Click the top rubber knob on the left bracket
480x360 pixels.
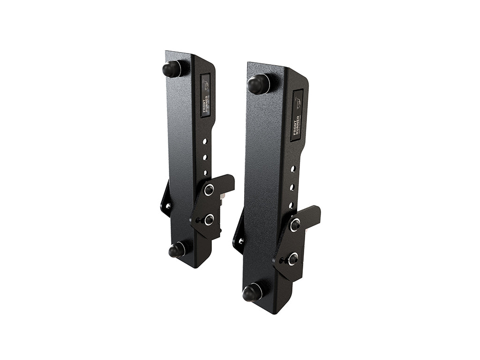pyautogui.click(x=171, y=69)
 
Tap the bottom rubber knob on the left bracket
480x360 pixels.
pyautogui.click(x=176, y=250)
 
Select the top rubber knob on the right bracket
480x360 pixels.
pyautogui.click(x=257, y=85)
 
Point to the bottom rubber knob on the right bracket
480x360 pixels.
pyautogui.click(x=252, y=293)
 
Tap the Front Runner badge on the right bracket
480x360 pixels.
pyautogui.click(x=297, y=114)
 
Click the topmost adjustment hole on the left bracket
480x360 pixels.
pyautogui.click(x=205, y=141)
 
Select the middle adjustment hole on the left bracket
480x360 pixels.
pyautogui.click(x=205, y=157)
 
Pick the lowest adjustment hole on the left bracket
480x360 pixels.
pyautogui.click(x=205, y=172)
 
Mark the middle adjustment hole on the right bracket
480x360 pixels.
pyautogui.click(x=292, y=187)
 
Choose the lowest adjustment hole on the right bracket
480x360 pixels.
pyautogui.click(x=291, y=205)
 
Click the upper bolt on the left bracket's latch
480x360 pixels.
pyautogui.click(x=209, y=190)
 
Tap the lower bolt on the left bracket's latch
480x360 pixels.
pyautogui.click(x=209, y=219)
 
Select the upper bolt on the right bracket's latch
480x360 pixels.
pyautogui.click(x=295, y=225)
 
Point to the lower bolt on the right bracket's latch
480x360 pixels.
pyautogui.click(x=293, y=258)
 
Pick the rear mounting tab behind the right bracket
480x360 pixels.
pyautogui.click(x=239, y=237)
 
